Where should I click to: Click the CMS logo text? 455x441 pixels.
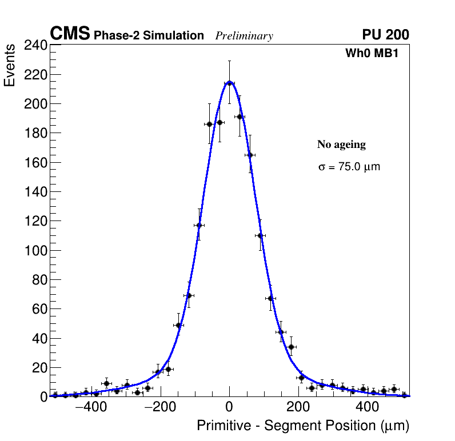pos(70,34)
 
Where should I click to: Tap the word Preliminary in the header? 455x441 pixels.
pos(244,36)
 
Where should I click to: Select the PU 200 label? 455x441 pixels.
pos(385,35)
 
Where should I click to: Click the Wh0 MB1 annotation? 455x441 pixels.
pos(372,54)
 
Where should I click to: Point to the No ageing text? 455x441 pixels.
pos(341,145)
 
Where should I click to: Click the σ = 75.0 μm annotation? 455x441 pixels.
pos(349,167)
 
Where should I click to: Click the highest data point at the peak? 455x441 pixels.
pos(229,83)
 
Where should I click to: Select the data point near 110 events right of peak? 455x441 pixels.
pos(260,235)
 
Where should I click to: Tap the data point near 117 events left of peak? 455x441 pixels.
pos(199,225)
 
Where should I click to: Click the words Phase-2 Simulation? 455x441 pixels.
pos(149,36)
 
